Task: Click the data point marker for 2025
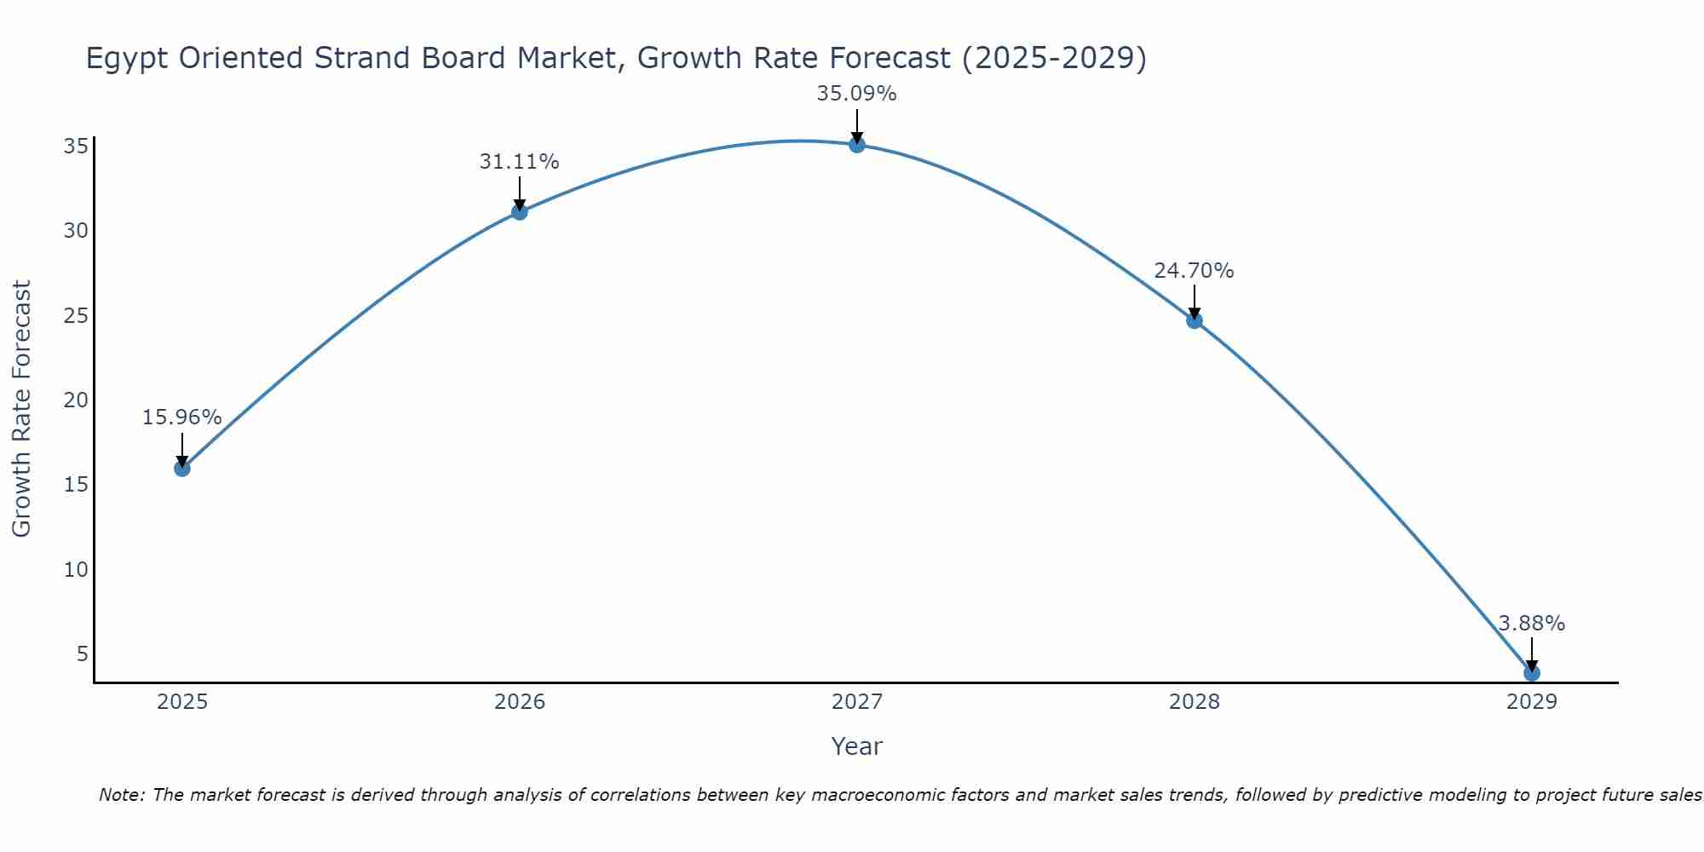tap(181, 468)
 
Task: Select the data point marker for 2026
tap(519, 211)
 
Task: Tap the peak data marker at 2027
tap(856, 145)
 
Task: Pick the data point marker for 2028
tap(1194, 320)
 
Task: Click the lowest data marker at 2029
tap(1531, 673)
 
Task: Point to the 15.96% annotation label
tap(181, 417)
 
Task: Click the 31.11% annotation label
tap(519, 161)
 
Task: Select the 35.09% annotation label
tap(856, 94)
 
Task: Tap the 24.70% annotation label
tap(1194, 271)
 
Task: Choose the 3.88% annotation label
tap(1531, 624)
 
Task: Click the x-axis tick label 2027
tap(856, 702)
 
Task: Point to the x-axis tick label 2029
tap(1531, 702)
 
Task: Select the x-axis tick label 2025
tap(182, 702)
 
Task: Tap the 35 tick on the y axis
tap(76, 147)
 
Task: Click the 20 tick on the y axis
tap(76, 400)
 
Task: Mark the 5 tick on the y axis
tap(82, 654)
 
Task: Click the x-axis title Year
tap(856, 746)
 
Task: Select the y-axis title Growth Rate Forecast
tap(21, 408)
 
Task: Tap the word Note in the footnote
tap(122, 795)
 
